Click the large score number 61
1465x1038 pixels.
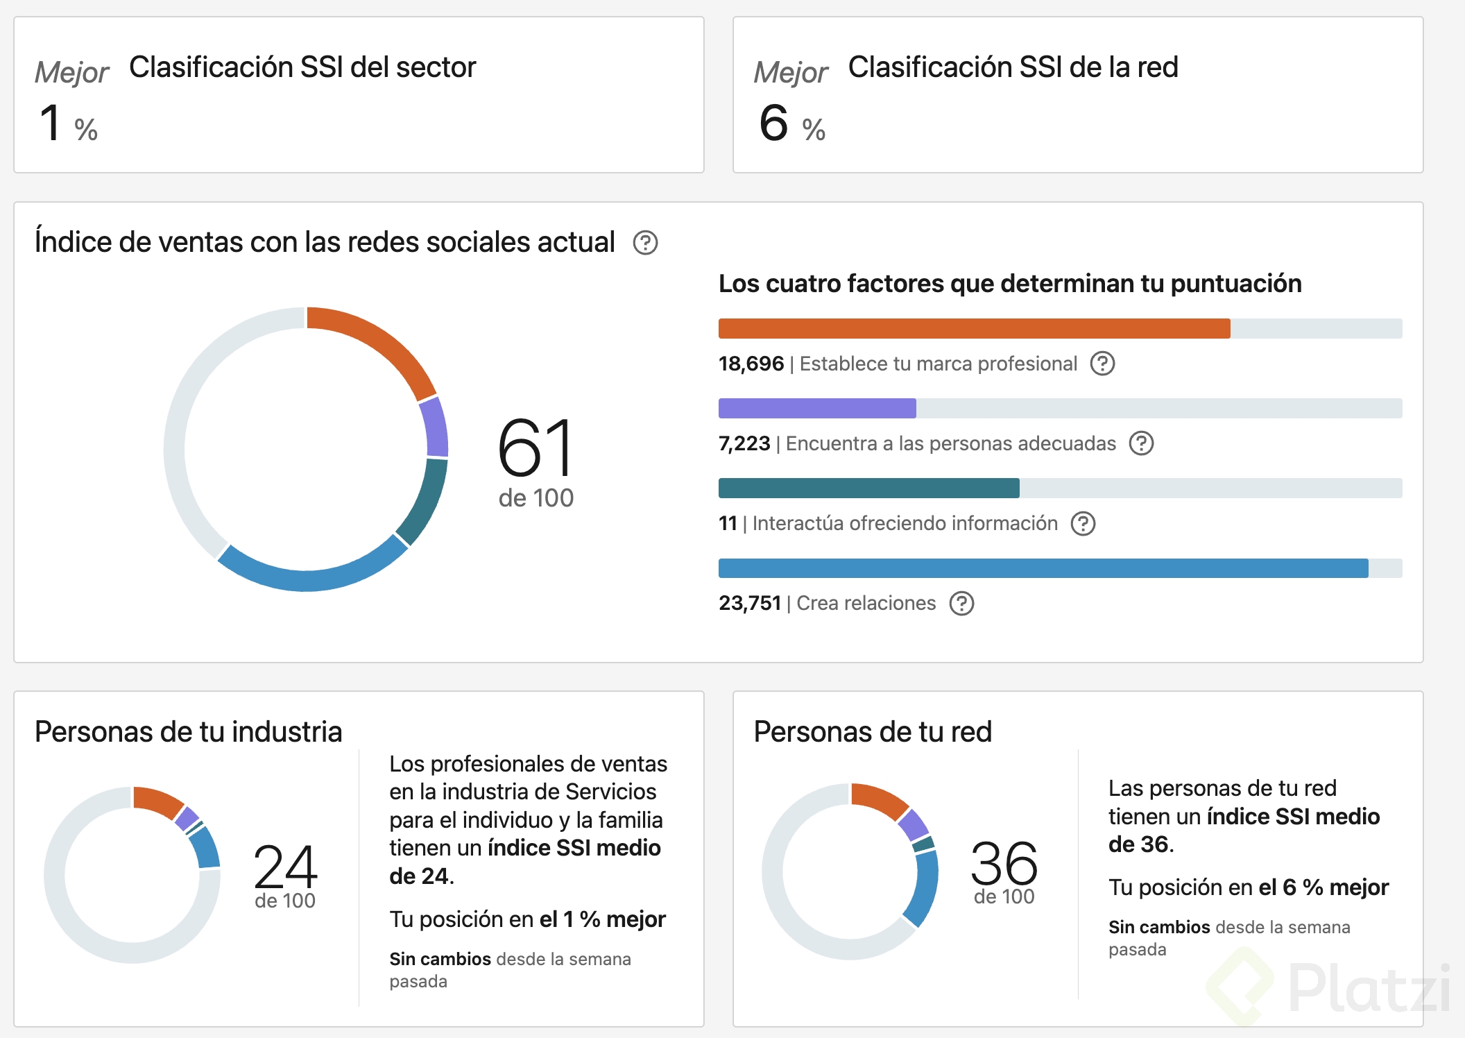(x=536, y=448)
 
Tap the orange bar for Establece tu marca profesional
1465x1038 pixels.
(x=974, y=328)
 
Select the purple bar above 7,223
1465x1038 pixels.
(x=817, y=408)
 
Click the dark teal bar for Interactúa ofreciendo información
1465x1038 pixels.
(x=868, y=488)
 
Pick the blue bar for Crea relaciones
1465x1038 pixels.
(x=1043, y=568)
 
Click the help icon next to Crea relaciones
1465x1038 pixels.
(x=961, y=604)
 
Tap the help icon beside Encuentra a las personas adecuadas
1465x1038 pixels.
(x=1141, y=443)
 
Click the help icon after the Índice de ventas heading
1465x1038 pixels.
(x=645, y=243)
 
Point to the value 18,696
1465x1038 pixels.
(x=751, y=364)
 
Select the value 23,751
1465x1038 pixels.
(x=749, y=603)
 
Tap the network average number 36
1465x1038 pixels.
(x=1004, y=862)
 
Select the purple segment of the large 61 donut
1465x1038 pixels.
(x=434, y=427)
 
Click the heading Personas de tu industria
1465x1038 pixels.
(x=188, y=731)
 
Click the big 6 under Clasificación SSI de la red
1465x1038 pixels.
(x=773, y=123)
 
